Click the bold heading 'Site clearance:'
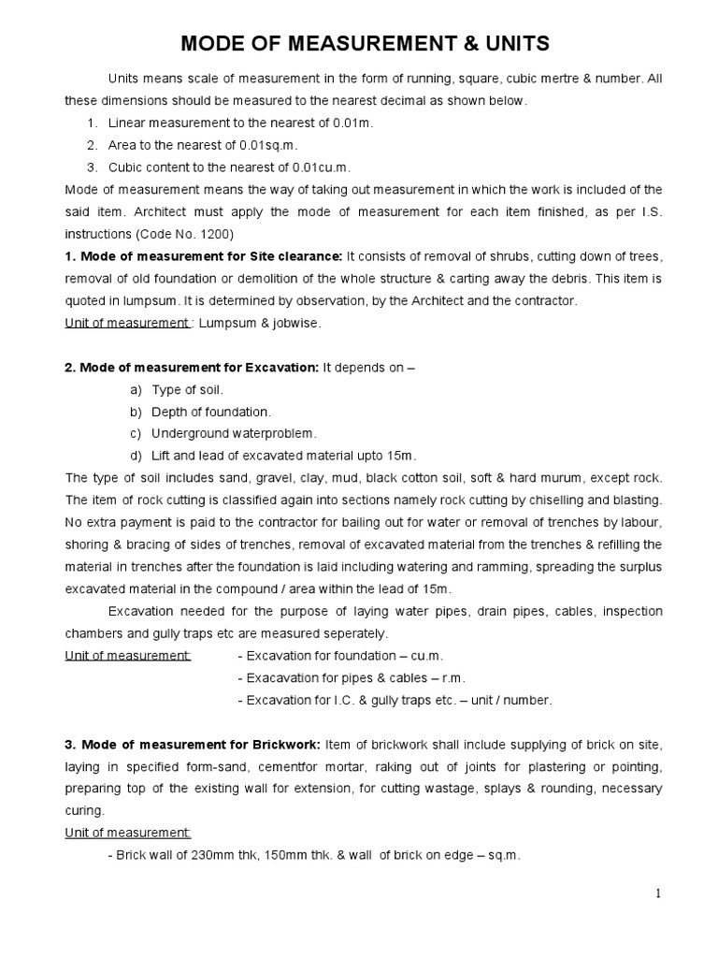(296, 256)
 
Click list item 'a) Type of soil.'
(178, 389)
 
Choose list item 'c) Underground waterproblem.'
(223, 433)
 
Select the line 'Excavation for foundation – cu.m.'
(341, 655)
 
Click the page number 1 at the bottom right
(659, 894)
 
